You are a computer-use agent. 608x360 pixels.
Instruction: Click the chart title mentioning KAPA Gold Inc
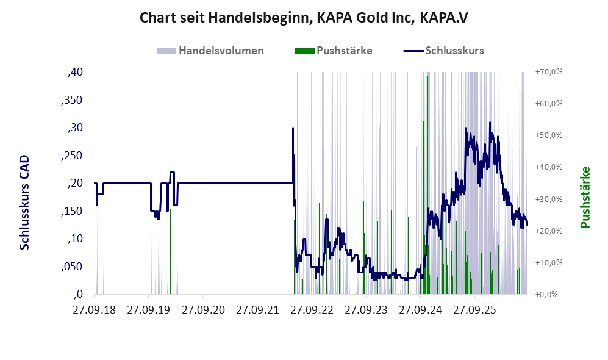pos(304,18)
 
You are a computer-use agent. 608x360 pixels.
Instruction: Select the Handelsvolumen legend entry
pos(210,51)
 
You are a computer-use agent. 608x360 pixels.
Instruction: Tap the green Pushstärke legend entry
pos(334,51)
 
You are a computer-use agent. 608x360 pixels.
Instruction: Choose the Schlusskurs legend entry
pos(443,51)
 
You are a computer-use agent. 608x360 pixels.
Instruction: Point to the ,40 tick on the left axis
pos(75,72)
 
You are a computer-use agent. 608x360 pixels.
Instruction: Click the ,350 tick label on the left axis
pos(72,100)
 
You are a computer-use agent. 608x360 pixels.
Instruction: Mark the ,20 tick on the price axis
pos(75,183)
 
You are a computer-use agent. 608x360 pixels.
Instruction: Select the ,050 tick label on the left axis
pos(72,267)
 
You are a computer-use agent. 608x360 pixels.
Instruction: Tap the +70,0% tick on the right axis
pos(549,72)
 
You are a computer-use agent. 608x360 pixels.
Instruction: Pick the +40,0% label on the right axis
pos(549,167)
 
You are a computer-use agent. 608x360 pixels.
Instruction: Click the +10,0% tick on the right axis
pos(549,262)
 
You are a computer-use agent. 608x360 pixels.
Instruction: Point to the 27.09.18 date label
pos(95,310)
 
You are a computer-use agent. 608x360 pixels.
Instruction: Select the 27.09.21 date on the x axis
pos(257,310)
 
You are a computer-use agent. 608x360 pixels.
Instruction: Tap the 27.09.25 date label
pos(474,310)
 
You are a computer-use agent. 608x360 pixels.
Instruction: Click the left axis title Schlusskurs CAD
pos(24,203)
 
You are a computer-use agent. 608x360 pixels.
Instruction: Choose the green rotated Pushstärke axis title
pos(585,198)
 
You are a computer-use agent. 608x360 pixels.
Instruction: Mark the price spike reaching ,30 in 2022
pos(293,128)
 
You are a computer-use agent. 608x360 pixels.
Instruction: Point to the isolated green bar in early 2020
pos(170,251)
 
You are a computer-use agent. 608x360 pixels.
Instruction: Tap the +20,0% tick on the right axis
pos(549,231)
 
